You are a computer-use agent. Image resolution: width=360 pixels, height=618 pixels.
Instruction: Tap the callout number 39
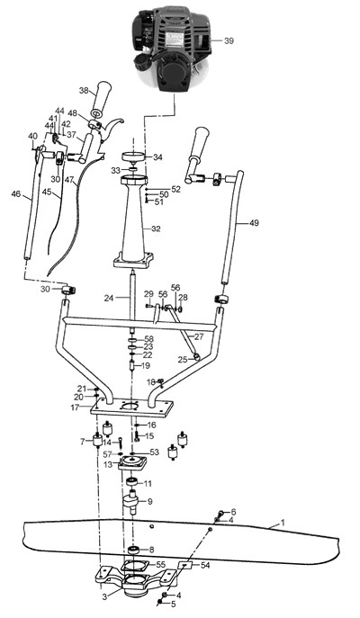[x=229, y=41]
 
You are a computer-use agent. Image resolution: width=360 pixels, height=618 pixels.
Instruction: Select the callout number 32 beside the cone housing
[x=156, y=228]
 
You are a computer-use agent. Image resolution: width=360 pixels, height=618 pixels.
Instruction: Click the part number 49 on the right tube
[x=255, y=223]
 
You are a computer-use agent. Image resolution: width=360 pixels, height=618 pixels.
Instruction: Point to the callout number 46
[x=16, y=194]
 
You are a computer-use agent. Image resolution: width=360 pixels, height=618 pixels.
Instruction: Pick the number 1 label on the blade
[x=283, y=523]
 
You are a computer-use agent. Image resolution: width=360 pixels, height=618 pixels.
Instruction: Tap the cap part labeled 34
[x=133, y=157]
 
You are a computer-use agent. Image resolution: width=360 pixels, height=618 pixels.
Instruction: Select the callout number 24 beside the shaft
[x=109, y=299]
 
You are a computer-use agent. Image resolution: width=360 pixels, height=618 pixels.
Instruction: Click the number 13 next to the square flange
[x=108, y=465]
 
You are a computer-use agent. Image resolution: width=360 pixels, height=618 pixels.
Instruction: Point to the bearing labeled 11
[x=131, y=482]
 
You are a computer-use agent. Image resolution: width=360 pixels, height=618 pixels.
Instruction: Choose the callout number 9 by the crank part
[x=149, y=502]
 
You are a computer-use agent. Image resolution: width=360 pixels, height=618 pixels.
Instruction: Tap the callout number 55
[x=160, y=564]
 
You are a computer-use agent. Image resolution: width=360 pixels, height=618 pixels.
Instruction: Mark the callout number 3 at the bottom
[x=104, y=597]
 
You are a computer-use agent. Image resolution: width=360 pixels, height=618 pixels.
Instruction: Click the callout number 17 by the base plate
[x=75, y=408]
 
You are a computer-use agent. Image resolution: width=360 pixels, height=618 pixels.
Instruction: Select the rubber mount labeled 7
[x=95, y=441]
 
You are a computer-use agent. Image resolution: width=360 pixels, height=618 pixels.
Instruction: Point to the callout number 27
[x=200, y=336]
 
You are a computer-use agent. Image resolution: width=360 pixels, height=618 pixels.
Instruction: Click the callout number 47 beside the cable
[x=70, y=180]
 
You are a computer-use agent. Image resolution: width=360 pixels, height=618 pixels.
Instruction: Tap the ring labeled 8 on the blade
[x=133, y=550]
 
